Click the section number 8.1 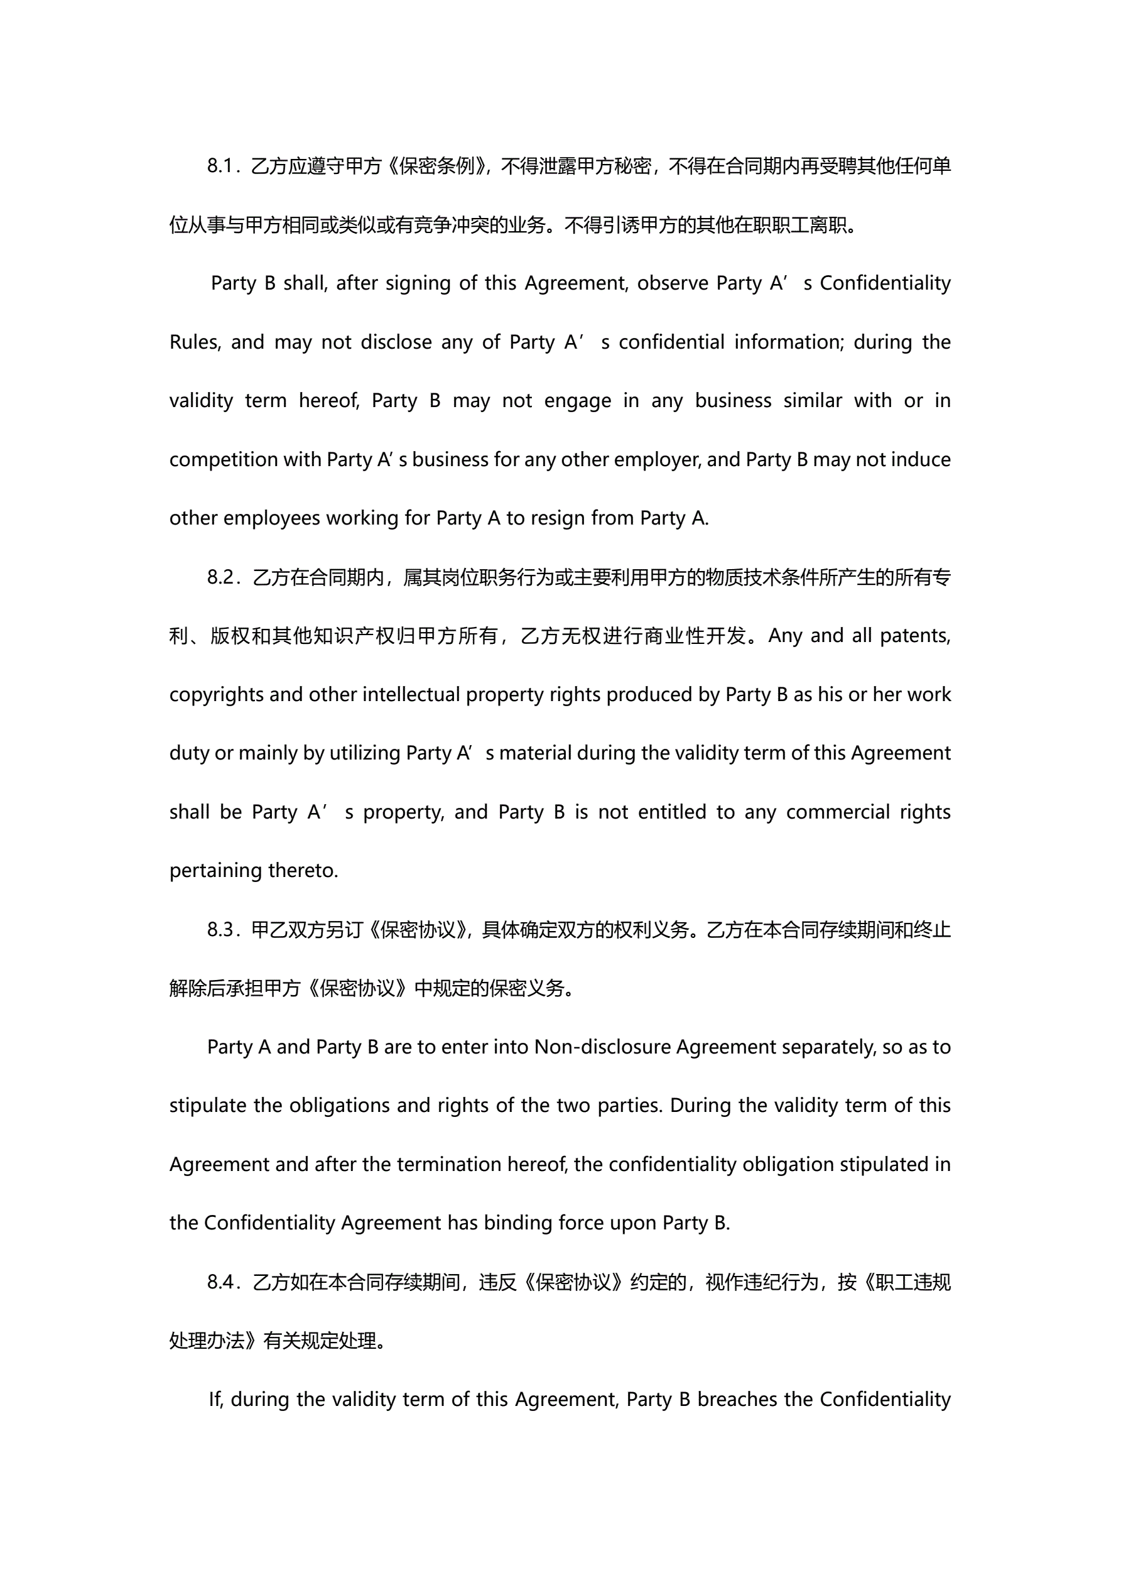[221, 166]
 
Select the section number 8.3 [222, 930]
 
